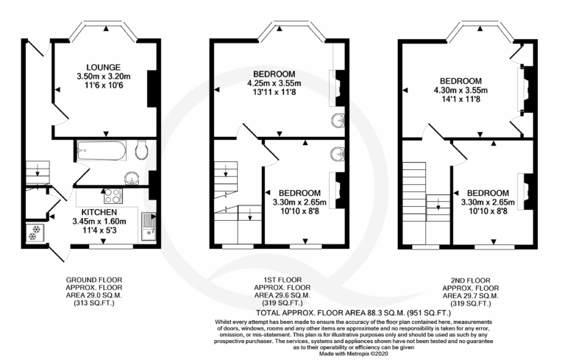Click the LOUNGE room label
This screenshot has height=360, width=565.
pyautogui.click(x=104, y=67)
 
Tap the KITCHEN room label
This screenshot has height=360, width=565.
pyautogui.click(x=99, y=212)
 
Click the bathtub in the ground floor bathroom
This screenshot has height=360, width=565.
pyautogui.click(x=102, y=150)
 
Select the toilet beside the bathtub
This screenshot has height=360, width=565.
pyautogui.click(x=141, y=150)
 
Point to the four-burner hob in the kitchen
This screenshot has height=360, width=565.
pyautogui.click(x=113, y=196)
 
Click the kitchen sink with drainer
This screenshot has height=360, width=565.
pyautogui.click(x=149, y=227)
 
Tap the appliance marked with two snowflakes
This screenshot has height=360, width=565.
pyautogui.click(x=35, y=233)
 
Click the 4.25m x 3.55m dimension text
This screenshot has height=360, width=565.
pyautogui.click(x=274, y=83)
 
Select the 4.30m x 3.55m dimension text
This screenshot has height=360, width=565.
pyautogui.click(x=461, y=90)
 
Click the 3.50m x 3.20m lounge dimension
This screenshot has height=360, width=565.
pyautogui.click(x=104, y=77)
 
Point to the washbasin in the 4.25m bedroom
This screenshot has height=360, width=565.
pyautogui.click(x=338, y=121)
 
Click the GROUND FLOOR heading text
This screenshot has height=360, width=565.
pyautogui.click(x=94, y=280)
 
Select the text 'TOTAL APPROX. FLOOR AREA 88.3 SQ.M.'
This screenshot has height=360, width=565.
pyautogui.click(x=330, y=313)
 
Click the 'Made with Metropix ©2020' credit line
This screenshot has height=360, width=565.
pyautogui.click(x=353, y=354)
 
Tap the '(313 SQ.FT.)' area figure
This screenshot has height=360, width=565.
pyautogui.click(x=94, y=303)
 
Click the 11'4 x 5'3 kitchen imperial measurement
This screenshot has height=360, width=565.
pyautogui.click(x=99, y=230)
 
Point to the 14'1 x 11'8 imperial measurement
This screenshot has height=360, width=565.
pyautogui.click(x=461, y=99)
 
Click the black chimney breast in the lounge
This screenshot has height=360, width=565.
pyautogui.click(x=152, y=88)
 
